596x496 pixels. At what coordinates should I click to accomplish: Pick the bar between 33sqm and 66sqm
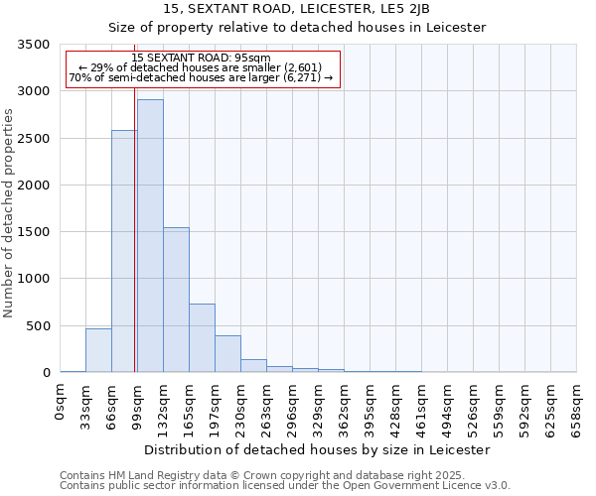(x=98, y=350)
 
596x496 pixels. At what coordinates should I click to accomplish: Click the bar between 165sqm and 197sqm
(x=202, y=337)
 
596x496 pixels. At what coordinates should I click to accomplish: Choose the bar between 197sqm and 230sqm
(x=227, y=354)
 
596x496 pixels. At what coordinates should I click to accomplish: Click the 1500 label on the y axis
(x=34, y=233)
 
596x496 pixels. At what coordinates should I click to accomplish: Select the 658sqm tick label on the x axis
(x=576, y=408)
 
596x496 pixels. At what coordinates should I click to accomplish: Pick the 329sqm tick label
(x=319, y=408)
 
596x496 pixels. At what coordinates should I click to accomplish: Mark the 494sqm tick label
(x=448, y=408)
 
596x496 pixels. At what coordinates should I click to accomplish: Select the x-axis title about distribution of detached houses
(x=317, y=449)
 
